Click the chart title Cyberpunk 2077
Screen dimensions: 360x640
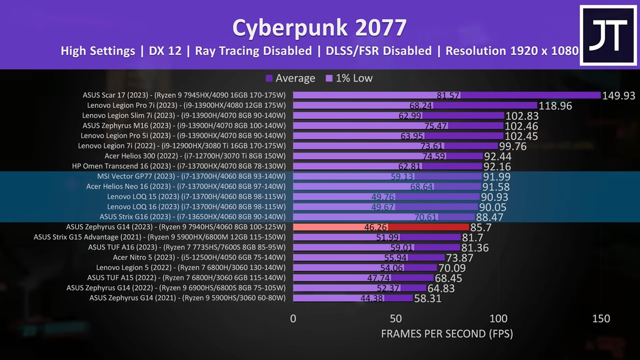tap(319, 27)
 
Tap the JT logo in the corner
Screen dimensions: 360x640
tap(608, 35)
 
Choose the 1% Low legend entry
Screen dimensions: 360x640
tap(349, 78)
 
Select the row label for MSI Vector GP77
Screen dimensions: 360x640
tap(191, 176)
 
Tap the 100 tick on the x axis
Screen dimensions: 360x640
tap(498, 319)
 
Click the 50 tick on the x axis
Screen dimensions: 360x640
tap(396, 319)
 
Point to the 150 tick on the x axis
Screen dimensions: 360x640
tap(600, 319)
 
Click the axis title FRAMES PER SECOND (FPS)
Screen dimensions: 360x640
tap(447, 334)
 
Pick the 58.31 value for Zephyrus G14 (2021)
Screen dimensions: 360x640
tap(427, 298)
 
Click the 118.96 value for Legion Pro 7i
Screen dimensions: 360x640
tap(555, 106)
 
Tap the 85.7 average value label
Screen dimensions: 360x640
tap(481, 228)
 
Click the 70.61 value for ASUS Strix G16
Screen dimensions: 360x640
tap(426, 217)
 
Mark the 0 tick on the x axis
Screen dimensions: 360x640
tap(293, 319)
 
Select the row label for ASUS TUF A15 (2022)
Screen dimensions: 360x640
tap(186, 278)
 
